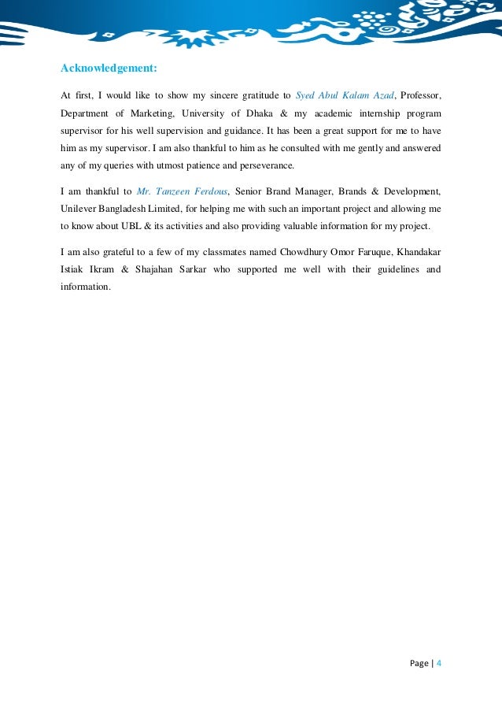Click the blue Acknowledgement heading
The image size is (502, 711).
tap(109, 68)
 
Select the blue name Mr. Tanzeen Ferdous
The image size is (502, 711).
tap(182, 191)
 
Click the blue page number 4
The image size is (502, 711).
tap(438, 663)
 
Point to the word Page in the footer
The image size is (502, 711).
tap(419, 663)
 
